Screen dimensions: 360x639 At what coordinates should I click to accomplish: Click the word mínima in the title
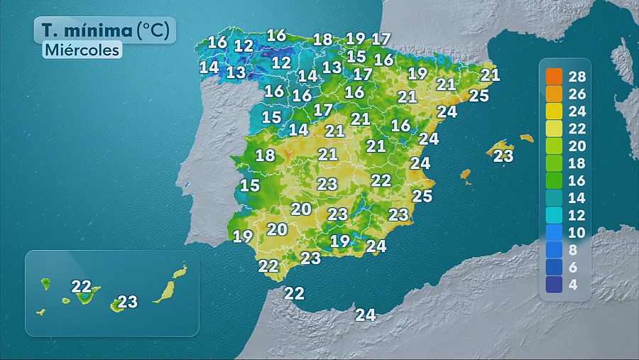pyautogui.click(x=97, y=31)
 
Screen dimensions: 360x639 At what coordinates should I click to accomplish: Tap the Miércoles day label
pyautogui.click(x=82, y=50)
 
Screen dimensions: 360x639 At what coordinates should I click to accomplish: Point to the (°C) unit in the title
pyautogui.click(x=153, y=31)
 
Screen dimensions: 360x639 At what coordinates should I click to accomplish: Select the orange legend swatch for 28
pyautogui.click(x=555, y=76)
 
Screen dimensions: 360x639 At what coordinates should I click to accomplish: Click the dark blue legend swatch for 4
pyautogui.click(x=555, y=285)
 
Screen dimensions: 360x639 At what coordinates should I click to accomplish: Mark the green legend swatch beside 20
pyautogui.click(x=555, y=146)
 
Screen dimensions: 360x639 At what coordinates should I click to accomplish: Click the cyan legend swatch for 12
pyautogui.click(x=555, y=215)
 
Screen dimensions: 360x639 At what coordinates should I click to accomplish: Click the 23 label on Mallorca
pyautogui.click(x=503, y=156)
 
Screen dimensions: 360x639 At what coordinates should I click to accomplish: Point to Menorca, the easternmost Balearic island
pyautogui.click(x=526, y=138)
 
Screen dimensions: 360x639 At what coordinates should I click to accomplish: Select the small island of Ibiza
pyautogui.click(x=466, y=174)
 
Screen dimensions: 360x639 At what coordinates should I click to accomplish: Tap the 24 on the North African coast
pyautogui.click(x=366, y=315)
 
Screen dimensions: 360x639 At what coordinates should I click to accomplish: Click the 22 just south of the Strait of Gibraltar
pyautogui.click(x=294, y=293)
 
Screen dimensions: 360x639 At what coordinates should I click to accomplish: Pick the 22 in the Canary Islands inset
pyautogui.click(x=82, y=287)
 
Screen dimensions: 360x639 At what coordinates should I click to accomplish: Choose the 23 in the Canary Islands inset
pyautogui.click(x=128, y=302)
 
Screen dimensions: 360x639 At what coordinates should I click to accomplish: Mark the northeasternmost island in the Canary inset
pyautogui.click(x=180, y=272)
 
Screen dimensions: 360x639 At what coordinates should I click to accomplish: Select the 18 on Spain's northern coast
pyautogui.click(x=323, y=40)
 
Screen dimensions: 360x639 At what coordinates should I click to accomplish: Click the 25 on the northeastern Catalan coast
pyautogui.click(x=479, y=95)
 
